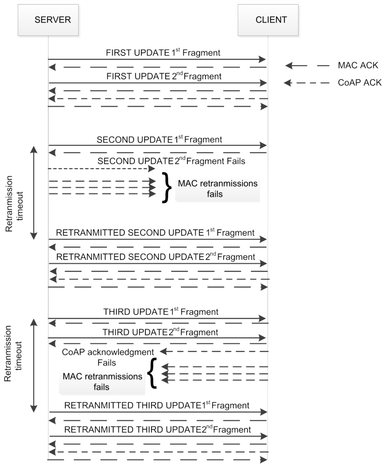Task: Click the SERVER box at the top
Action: (49, 20)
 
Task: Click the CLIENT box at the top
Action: (268, 20)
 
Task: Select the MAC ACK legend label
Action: (358, 65)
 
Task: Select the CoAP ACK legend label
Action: (360, 83)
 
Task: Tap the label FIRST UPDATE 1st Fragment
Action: (163, 53)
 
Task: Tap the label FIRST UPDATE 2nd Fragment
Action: (164, 76)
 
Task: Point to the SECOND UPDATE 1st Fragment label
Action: (159, 139)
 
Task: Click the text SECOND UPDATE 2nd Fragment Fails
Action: (171, 161)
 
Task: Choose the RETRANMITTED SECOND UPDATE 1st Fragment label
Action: (155, 232)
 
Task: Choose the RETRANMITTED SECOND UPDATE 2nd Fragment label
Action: (155, 257)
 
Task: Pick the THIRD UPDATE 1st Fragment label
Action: (161, 312)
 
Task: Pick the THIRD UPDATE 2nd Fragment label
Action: (160, 332)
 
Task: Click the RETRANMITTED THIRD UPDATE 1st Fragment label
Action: (156, 405)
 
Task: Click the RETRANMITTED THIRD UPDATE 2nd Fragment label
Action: (157, 430)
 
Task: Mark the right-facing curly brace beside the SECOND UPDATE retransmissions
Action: (166, 188)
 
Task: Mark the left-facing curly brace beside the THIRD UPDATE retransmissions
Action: (152, 373)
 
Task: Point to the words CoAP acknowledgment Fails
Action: (108, 357)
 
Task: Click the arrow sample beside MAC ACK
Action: (307, 66)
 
